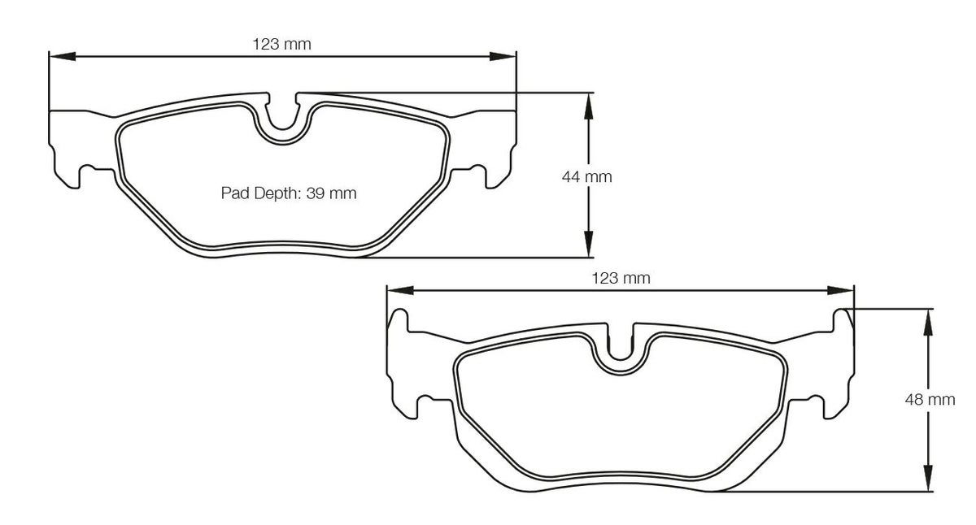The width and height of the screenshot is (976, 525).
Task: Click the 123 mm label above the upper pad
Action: (282, 44)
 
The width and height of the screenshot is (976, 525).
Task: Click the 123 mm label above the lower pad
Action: (621, 278)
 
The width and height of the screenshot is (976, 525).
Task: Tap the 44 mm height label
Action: (587, 176)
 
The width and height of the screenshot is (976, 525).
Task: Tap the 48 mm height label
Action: (930, 399)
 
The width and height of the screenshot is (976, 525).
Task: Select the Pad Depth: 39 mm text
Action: (289, 193)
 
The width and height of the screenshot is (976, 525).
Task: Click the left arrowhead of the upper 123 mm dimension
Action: (63, 56)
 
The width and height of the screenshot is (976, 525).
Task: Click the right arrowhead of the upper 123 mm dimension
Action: (503, 56)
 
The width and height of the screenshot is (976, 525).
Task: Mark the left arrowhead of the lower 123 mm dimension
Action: (400, 290)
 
